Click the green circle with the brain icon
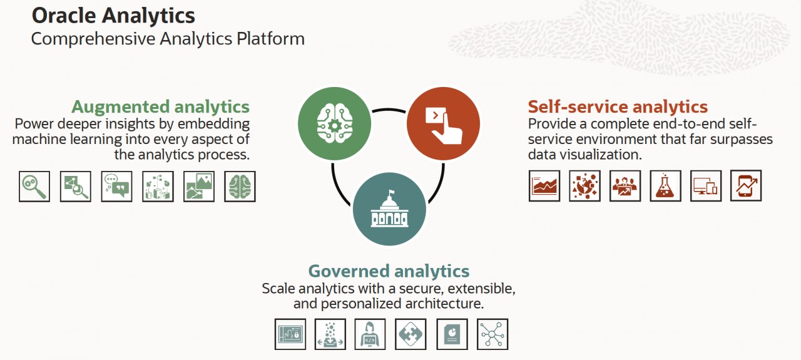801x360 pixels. click(334, 123)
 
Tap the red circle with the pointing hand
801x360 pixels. click(444, 123)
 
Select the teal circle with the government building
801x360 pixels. click(389, 209)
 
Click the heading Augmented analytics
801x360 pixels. click(161, 106)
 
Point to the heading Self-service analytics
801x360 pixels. click(618, 106)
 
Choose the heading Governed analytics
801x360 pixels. click(389, 271)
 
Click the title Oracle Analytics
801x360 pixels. click(113, 16)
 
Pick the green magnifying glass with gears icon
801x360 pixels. click(34, 187)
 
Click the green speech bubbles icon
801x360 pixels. click(116, 187)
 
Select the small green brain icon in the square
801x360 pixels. click(240, 187)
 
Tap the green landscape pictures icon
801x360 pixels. click(199, 187)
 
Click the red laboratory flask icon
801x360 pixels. click(665, 186)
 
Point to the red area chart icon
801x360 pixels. click(544, 186)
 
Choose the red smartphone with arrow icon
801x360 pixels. click(746, 185)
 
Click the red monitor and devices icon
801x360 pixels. click(706, 186)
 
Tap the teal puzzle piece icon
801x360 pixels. click(411, 334)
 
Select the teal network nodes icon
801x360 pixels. click(492, 334)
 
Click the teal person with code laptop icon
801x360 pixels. click(370, 334)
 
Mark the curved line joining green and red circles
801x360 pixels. click(389, 109)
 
